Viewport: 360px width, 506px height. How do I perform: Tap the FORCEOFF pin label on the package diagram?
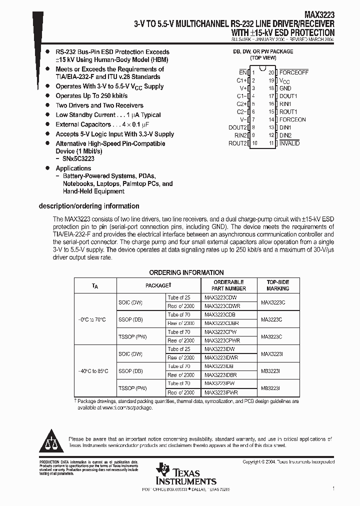click(293, 72)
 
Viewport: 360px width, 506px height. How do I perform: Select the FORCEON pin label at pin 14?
click(292, 120)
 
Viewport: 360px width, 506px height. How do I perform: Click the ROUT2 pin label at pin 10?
click(238, 143)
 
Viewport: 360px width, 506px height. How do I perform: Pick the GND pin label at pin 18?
click(285, 88)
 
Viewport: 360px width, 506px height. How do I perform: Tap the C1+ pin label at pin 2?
click(242, 80)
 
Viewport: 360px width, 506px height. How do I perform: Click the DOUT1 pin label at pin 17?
click(288, 96)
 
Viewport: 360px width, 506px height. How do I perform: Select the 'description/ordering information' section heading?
click(89, 206)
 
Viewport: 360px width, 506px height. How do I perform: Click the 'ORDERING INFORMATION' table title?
click(186, 272)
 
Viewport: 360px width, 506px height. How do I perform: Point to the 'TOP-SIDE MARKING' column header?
click(277, 285)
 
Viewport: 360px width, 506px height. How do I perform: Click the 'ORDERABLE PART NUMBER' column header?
click(228, 285)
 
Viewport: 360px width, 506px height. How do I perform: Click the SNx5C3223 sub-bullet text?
click(78, 158)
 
